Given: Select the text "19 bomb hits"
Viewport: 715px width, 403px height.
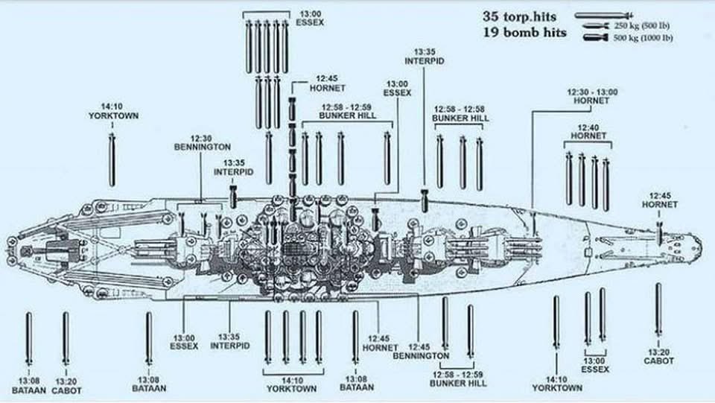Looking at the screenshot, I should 524,32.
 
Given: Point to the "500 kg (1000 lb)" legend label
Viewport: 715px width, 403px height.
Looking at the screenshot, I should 643,38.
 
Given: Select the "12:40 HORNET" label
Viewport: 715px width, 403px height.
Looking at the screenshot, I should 588,131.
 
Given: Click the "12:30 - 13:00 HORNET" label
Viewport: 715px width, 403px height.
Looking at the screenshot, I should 592,95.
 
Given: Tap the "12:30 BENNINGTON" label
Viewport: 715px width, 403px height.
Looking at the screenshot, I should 202,142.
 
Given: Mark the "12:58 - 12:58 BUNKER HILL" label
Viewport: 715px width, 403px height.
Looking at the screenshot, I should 460,113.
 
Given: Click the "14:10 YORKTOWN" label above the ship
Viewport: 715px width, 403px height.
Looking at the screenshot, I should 113,111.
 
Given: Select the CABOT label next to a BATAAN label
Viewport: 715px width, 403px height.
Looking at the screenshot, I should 67,385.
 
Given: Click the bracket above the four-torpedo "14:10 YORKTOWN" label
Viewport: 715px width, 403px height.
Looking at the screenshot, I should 293,371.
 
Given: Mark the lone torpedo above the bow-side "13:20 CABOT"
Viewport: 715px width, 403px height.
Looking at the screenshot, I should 658,310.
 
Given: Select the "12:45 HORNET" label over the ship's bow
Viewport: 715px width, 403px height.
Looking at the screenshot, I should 659,200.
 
